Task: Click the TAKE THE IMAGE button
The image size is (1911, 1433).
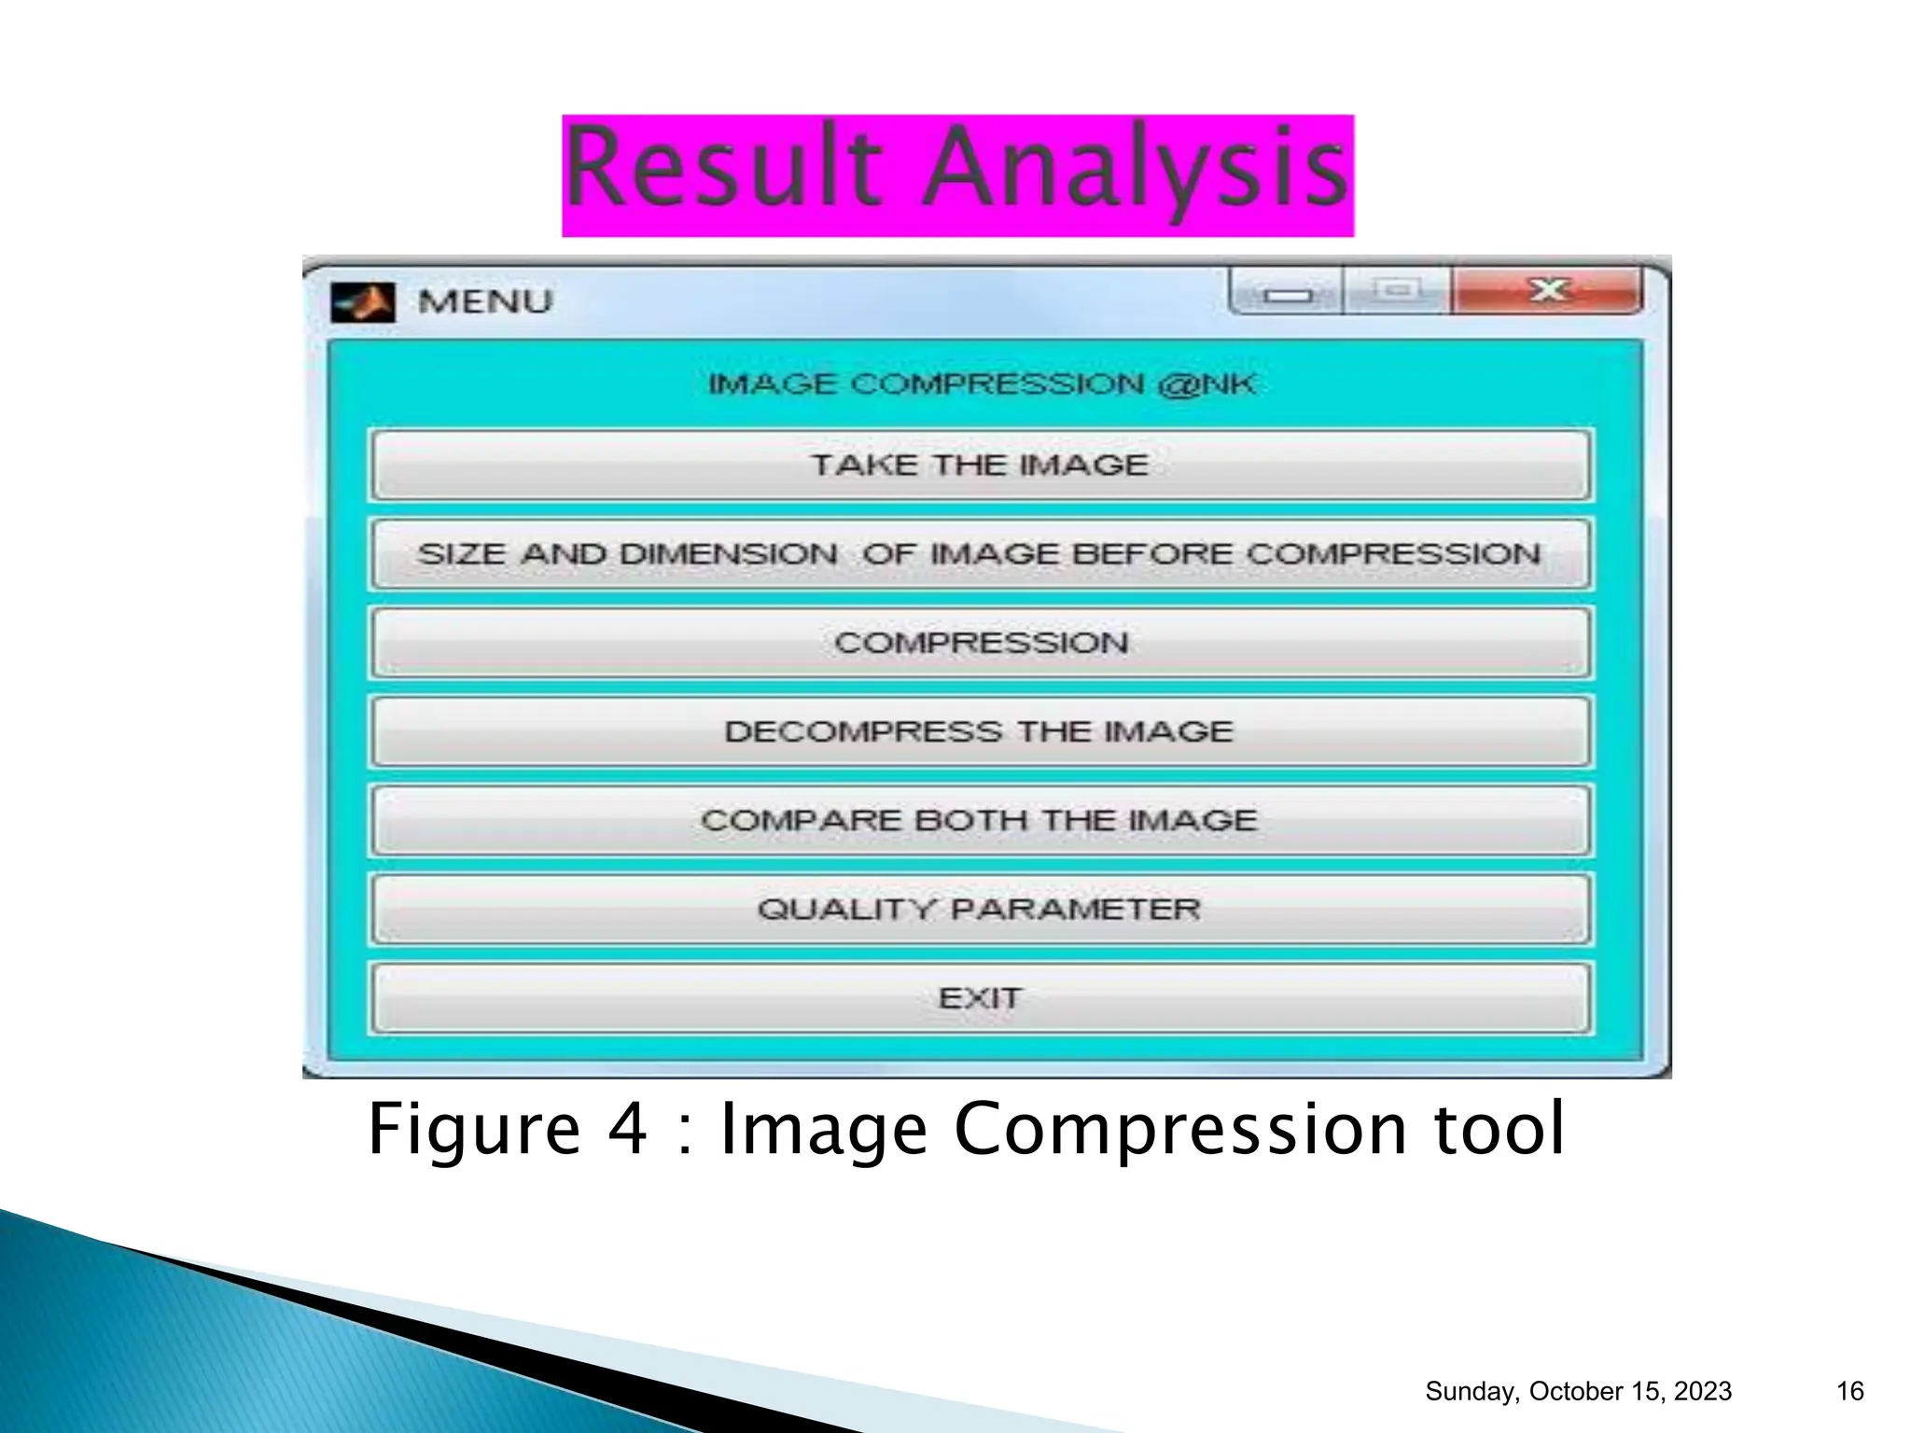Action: pos(980,465)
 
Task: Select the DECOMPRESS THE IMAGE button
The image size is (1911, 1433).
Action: pos(980,731)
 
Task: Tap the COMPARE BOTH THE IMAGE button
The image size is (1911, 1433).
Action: pos(980,820)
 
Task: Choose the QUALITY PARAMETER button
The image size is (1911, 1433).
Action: pos(980,909)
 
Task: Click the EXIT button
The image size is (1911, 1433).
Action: pos(980,998)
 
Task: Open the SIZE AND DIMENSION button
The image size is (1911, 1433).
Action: pos(980,554)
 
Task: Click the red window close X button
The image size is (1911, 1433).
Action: pos(1548,291)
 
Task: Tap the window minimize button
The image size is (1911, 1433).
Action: pos(1287,294)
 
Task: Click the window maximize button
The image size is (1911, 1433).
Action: pos(1397,291)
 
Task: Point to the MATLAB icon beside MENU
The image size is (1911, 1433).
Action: pos(364,302)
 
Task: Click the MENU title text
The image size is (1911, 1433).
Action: pos(485,302)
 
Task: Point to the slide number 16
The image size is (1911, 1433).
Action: pos(1849,1391)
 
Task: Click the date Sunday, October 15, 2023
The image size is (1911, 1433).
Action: pos(1578,1391)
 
